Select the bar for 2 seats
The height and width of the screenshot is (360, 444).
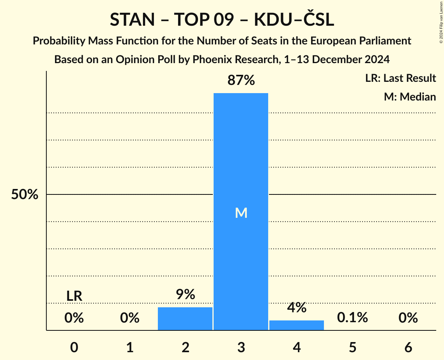pyautogui.click(x=185, y=319)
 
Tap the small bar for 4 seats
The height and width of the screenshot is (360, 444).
pyautogui.click(x=297, y=325)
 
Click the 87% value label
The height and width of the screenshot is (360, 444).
pyautogui.click(x=241, y=81)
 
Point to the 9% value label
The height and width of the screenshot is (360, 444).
pyautogui.click(x=185, y=295)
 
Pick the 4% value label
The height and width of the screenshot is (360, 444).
pyautogui.click(x=297, y=308)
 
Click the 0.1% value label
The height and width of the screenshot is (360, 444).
pyautogui.click(x=352, y=318)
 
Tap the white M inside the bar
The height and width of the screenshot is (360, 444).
pyautogui.click(x=241, y=213)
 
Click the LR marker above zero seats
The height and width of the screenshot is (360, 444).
pyautogui.click(x=74, y=296)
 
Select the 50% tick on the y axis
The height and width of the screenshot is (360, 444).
pyautogui.click(x=25, y=195)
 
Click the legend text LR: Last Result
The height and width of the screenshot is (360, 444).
pyautogui.click(x=400, y=78)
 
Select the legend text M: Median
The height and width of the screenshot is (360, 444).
pyautogui.click(x=410, y=97)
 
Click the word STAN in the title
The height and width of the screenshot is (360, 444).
pyautogui.click(x=132, y=20)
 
